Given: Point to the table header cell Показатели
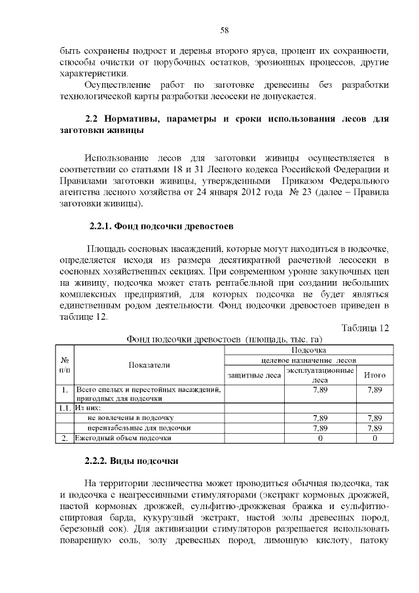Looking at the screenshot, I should [x=150, y=364].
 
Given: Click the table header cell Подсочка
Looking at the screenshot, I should [x=308, y=351].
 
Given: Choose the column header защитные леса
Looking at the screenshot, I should [x=254, y=375].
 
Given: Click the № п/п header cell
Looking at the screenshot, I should [x=65, y=364].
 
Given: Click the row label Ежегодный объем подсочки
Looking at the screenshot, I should [x=124, y=438].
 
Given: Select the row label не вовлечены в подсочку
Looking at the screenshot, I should [x=130, y=417].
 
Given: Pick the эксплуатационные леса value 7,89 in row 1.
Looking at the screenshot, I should [x=320, y=391].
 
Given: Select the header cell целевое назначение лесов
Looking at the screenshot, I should [x=308, y=360].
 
